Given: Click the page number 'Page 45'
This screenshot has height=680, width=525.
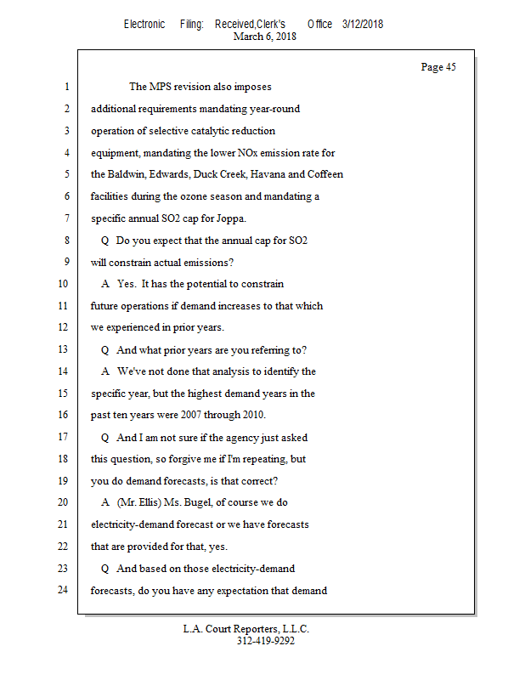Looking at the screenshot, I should coord(438,67).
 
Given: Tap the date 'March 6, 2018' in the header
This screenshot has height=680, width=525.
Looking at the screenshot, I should coord(264,37).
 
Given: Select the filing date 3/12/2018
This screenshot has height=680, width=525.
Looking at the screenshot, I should coord(363,24).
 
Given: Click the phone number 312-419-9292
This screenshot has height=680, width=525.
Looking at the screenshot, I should coord(265,641).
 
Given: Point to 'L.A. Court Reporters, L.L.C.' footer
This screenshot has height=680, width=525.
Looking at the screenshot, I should coord(246,629).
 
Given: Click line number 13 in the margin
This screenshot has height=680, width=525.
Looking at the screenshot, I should coord(63,350).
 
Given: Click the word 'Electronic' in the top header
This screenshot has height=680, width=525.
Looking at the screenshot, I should coord(144,24).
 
